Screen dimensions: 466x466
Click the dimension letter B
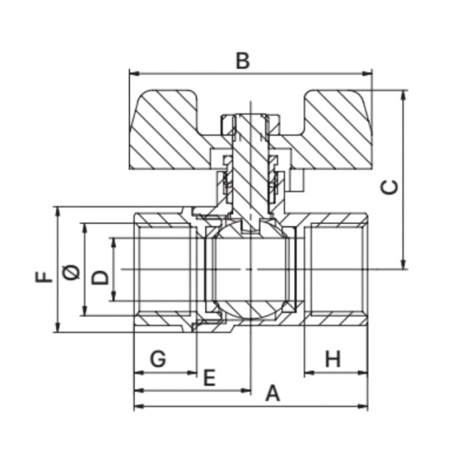coord(243,61)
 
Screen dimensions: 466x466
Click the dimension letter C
coord(389,187)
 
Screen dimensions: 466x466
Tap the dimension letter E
coord(209,377)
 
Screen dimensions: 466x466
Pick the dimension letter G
coord(158,359)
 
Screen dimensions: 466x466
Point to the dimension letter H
coord(333,359)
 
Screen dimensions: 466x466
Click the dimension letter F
coord(44,277)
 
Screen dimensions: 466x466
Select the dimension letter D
coord(100,277)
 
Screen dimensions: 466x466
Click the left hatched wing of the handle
coord(169,130)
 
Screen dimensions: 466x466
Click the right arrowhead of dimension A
coord(363,406)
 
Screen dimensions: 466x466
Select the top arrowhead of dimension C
coord(403,95)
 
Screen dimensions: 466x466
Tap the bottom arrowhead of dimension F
coord(58,327)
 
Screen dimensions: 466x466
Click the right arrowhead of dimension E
coord(246,391)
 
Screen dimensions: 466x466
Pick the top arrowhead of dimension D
coord(113,243)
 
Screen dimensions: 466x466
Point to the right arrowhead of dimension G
coord(192,372)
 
